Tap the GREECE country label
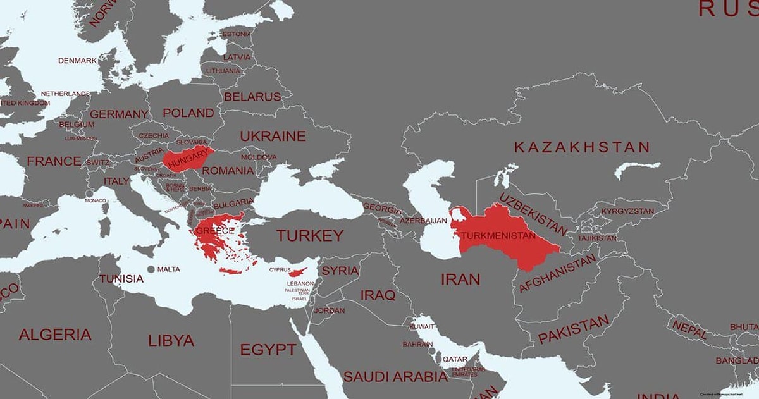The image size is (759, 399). click(x=214, y=231)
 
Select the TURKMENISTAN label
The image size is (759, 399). click(x=498, y=236)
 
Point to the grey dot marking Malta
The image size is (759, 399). click(x=151, y=269)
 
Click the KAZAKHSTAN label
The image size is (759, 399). click(x=581, y=147)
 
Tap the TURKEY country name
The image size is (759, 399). click(x=309, y=236)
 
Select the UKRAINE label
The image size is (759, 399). click(x=273, y=136)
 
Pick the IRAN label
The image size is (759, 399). click(x=460, y=279)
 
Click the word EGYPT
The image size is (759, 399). click(x=268, y=350)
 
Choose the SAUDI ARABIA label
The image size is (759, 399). click(x=395, y=377)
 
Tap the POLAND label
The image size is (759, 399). click(x=188, y=113)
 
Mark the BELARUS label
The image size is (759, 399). click(x=252, y=97)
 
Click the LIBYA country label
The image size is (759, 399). click(x=171, y=340)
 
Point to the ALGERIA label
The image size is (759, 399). click(x=55, y=335)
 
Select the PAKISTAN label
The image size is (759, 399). click(x=573, y=329)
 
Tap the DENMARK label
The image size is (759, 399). click(x=78, y=61)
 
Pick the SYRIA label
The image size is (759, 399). click(x=340, y=271)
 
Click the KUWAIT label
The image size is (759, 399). click(x=422, y=326)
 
